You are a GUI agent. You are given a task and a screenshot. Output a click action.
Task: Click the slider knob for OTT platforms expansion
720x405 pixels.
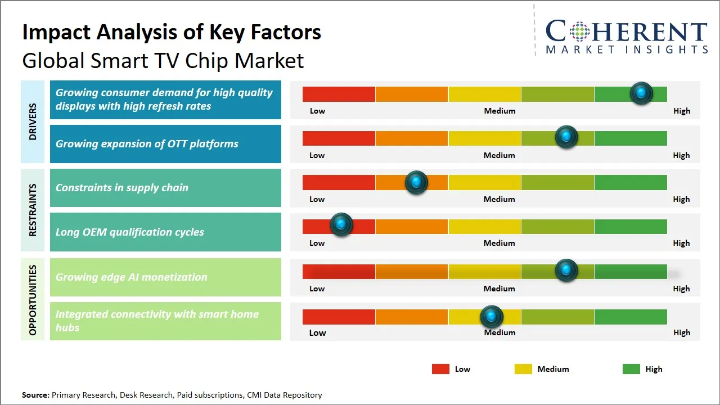566,137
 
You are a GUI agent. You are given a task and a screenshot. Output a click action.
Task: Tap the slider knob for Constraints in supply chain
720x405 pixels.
416,182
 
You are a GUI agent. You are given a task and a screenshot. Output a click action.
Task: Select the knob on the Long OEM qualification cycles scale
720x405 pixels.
341,224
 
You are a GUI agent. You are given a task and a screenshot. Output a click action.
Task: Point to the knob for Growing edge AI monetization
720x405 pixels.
566,271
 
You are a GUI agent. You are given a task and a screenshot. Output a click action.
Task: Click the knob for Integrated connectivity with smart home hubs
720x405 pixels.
492,317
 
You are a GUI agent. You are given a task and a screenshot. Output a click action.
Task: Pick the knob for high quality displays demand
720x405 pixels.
641,93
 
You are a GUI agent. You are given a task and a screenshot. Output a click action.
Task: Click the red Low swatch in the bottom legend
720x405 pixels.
440,369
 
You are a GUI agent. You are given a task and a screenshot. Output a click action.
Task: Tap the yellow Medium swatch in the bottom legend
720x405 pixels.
523,369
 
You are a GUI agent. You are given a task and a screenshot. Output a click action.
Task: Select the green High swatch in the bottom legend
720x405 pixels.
631,369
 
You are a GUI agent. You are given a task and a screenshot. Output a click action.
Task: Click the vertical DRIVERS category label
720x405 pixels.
33,121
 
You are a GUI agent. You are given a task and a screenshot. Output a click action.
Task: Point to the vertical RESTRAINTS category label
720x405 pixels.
33,210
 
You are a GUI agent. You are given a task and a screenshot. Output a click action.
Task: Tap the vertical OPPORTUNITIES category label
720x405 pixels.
33,300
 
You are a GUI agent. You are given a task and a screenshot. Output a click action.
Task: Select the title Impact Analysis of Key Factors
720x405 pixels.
172,33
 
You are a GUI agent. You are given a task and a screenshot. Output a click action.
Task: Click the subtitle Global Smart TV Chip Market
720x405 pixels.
163,61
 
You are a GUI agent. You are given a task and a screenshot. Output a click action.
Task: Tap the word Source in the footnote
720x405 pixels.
35,395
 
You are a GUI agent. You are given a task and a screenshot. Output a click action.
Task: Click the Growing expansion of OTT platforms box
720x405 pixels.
165,144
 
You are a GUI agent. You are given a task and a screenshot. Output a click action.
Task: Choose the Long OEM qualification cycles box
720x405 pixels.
165,232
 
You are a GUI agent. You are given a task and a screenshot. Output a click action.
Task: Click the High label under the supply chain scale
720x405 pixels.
681,199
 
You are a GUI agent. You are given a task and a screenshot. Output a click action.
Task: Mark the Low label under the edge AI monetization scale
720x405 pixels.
317,289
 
